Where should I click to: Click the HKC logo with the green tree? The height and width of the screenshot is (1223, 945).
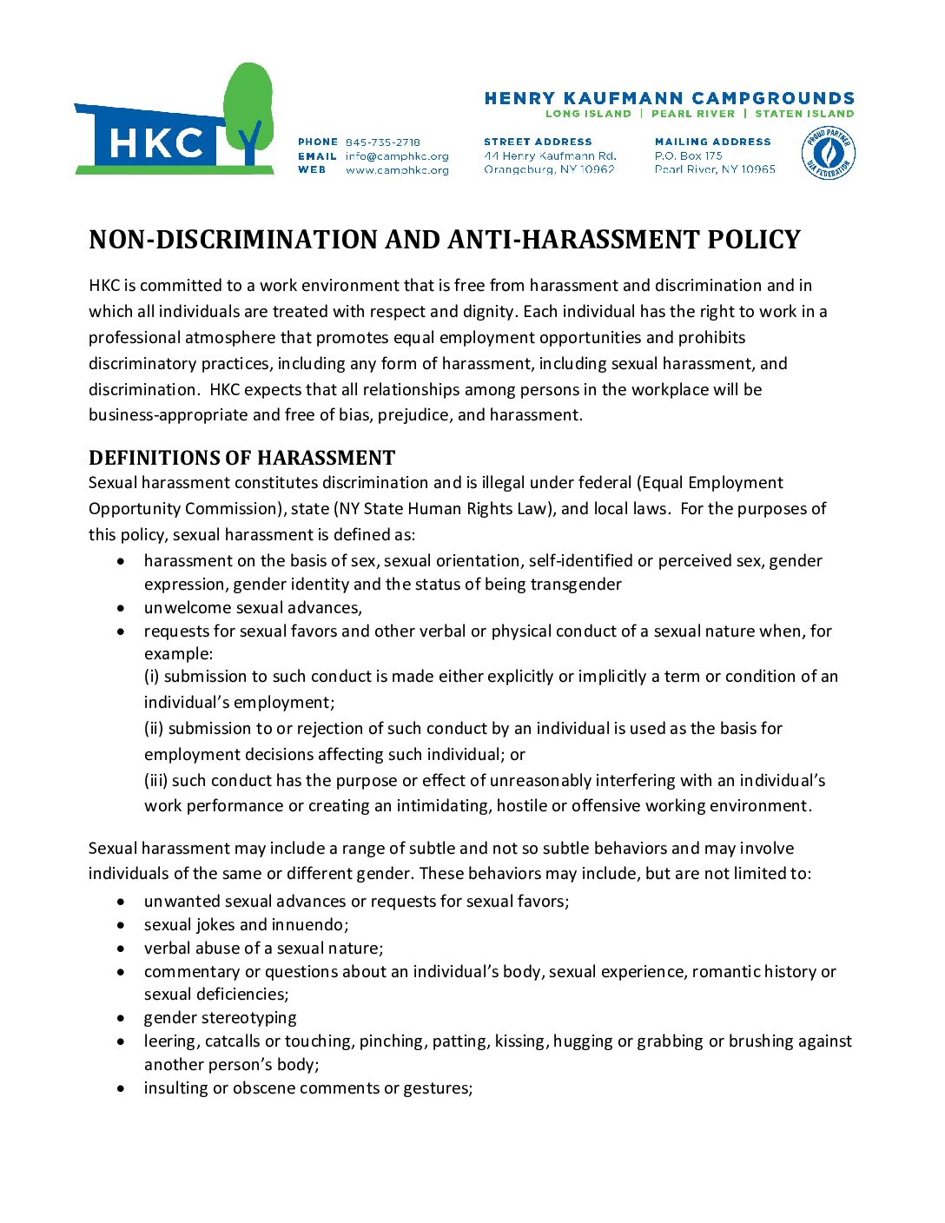tap(174, 122)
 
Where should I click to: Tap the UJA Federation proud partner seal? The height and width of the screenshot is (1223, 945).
tap(828, 155)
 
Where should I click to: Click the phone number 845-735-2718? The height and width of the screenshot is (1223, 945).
tap(383, 142)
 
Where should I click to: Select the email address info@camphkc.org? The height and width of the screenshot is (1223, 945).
tap(397, 156)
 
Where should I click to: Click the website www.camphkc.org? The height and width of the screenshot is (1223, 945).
tap(397, 170)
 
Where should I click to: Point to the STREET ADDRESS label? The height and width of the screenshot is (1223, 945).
tap(538, 142)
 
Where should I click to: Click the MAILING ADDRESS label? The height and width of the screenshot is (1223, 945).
tap(712, 142)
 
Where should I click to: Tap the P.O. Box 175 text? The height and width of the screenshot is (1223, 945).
tap(689, 155)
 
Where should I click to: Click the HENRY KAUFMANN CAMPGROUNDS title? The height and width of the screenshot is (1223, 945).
tap(669, 98)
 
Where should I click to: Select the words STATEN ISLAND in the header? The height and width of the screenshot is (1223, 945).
tap(804, 114)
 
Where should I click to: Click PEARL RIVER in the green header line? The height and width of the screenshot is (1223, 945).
tap(693, 114)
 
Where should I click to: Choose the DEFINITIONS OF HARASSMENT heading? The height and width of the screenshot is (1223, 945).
tap(241, 458)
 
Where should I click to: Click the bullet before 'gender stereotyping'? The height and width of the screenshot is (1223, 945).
tap(121, 1018)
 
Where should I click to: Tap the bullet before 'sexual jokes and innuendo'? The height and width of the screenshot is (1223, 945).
tap(121, 925)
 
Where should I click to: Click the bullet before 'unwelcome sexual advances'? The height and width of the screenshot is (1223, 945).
tap(121, 608)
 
